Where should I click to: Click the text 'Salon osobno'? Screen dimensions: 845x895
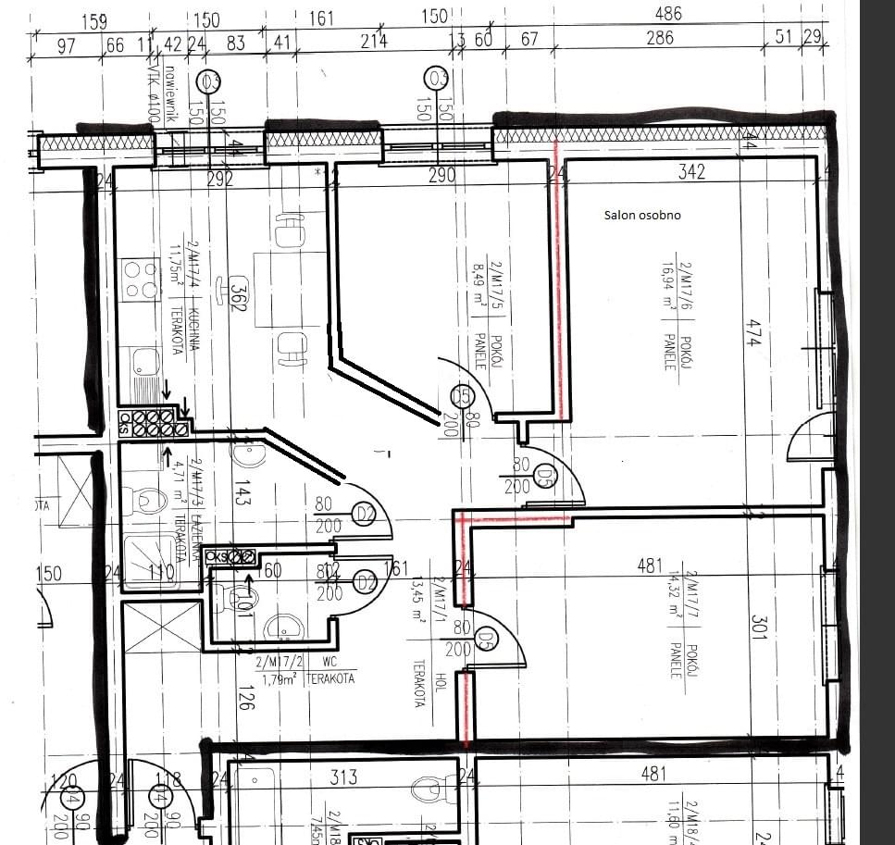pyautogui.click(x=642, y=215)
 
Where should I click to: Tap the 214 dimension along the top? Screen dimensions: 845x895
pyautogui.click(x=374, y=41)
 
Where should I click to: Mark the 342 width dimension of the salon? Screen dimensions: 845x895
pyautogui.click(x=690, y=171)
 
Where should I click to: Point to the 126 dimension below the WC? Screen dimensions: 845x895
pyautogui.click(x=246, y=695)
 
